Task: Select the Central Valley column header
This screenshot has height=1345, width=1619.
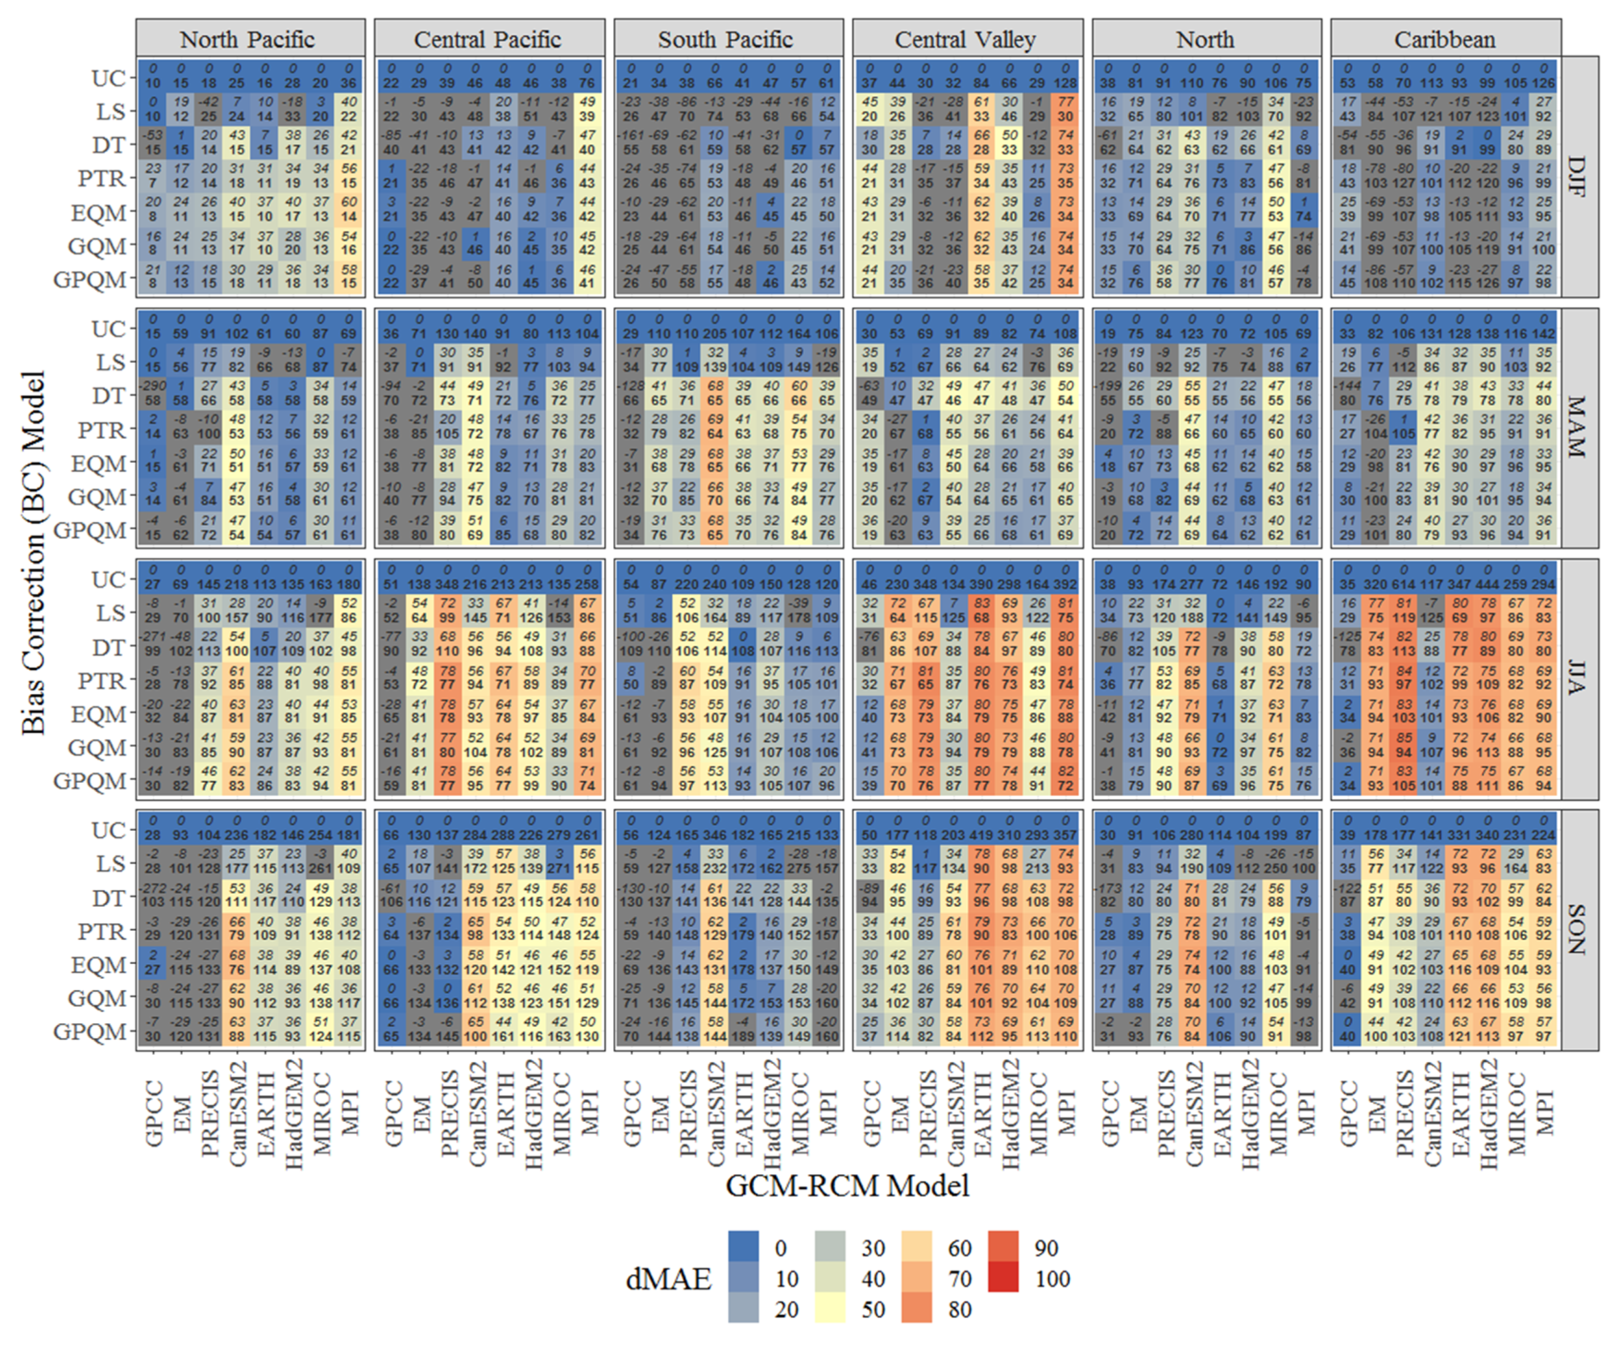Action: pyautogui.click(x=966, y=39)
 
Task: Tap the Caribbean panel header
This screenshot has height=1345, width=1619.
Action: pyautogui.click(x=1445, y=39)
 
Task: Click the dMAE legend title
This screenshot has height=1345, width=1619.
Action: pyautogui.click(x=668, y=1278)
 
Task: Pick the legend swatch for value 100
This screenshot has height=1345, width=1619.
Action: pyautogui.click(x=1002, y=1278)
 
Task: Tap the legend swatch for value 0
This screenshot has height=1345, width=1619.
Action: pyautogui.click(x=743, y=1247)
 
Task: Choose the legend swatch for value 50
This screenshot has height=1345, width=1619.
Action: pyautogui.click(x=830, y=1309)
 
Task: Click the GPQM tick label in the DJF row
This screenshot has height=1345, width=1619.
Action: pyautogui.click(x=89, y=279)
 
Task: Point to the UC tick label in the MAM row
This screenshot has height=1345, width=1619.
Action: pyautogui.click(x=108, y=329)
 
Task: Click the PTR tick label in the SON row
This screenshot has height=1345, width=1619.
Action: pyautogui.click(x=102, y=931)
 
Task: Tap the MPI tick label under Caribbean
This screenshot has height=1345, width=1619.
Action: pyautogui.click(x=1544, y=1111)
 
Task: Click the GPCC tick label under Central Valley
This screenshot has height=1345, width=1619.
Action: pyautogui.click(x=871, y=1114)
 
